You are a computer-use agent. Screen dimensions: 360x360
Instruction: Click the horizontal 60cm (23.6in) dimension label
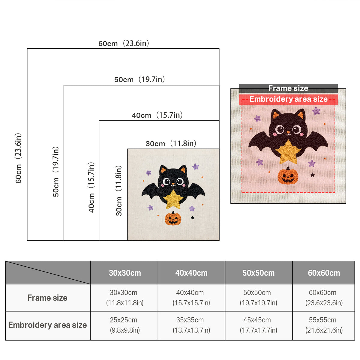[x=124, y=43]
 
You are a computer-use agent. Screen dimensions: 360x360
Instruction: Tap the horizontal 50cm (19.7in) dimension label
[x=139, y=79]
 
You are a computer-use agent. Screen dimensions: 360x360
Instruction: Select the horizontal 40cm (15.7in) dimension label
[x=157, y=115]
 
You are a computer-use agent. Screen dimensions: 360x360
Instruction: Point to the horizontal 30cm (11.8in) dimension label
[x=171, y=143]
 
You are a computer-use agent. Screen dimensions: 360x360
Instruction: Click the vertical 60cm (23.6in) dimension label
[x=18, y=158]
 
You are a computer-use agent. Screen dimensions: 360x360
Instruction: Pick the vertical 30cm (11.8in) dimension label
[x=119, y=191]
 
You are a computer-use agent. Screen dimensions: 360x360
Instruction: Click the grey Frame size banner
[x=288, y=88]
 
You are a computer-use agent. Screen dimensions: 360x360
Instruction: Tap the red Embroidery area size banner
[x=288, y=99]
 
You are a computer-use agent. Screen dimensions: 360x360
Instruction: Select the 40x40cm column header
[x=191, y=273]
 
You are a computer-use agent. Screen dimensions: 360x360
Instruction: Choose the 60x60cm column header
[x=324, y=273]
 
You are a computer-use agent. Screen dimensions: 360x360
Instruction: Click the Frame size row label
[x=47, y=298]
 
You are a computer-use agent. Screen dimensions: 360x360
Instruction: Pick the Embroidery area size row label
[x=47, y=325]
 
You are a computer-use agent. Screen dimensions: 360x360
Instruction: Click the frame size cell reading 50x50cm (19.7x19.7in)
[x=259, y=298]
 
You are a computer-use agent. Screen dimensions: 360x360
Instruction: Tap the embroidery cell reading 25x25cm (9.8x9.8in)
[x=124, y=325]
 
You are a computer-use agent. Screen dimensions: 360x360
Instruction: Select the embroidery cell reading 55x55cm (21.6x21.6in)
[x=324, y=325]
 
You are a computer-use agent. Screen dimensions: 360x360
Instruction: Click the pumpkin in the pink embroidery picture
[x=288, y=175]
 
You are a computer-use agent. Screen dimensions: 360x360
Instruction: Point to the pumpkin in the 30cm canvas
[x=173, y=218]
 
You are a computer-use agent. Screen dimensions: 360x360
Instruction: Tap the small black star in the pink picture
[x=313, y=175]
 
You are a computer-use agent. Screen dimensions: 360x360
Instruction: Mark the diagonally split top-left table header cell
[x=48, y=273]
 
